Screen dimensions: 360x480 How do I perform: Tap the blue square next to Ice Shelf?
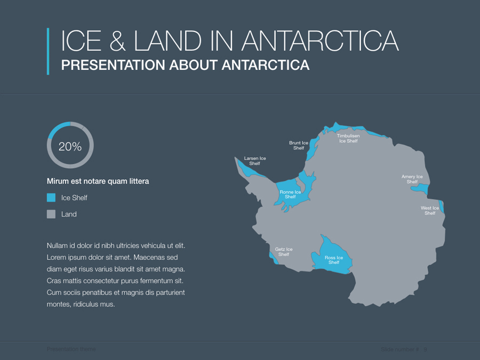[51, 197]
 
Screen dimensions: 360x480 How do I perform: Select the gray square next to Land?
[51, 214]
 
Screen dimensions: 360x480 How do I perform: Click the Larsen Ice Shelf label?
[255, 161]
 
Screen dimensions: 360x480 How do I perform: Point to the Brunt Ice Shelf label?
[299, 145]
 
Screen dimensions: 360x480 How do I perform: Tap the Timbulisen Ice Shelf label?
[348, 138]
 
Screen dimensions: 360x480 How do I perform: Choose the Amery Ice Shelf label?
[412, 179]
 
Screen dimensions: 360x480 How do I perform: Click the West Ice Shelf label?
[430, 211]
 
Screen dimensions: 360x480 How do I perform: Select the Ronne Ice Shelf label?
[290, 194]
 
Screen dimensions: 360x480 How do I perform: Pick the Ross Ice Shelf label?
[334, 260]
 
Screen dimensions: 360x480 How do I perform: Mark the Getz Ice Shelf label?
[284, 252]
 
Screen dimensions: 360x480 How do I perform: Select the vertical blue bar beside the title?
[48, 51]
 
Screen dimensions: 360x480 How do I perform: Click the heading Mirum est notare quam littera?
[98, 181]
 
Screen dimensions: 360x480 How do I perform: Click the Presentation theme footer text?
[71, 349]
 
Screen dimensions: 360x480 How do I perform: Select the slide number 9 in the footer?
[425, 349]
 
